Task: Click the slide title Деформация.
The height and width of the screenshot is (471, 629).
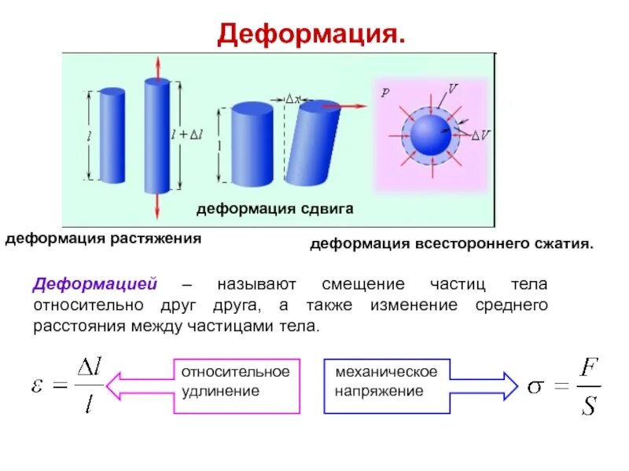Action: point(312,33)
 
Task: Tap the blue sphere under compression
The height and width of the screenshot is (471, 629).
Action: point(431,135)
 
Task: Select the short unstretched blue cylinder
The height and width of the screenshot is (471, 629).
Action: point(112,135)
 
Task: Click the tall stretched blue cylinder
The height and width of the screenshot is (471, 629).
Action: point(156,135)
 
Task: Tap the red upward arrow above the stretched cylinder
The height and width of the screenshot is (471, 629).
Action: point(156,68)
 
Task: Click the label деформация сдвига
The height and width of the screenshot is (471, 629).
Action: point(274,209)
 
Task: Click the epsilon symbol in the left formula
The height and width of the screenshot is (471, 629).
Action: point(39,385)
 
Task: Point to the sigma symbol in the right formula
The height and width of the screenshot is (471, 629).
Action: point(535,387)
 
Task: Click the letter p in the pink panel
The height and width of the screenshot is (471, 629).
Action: point(384,92)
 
